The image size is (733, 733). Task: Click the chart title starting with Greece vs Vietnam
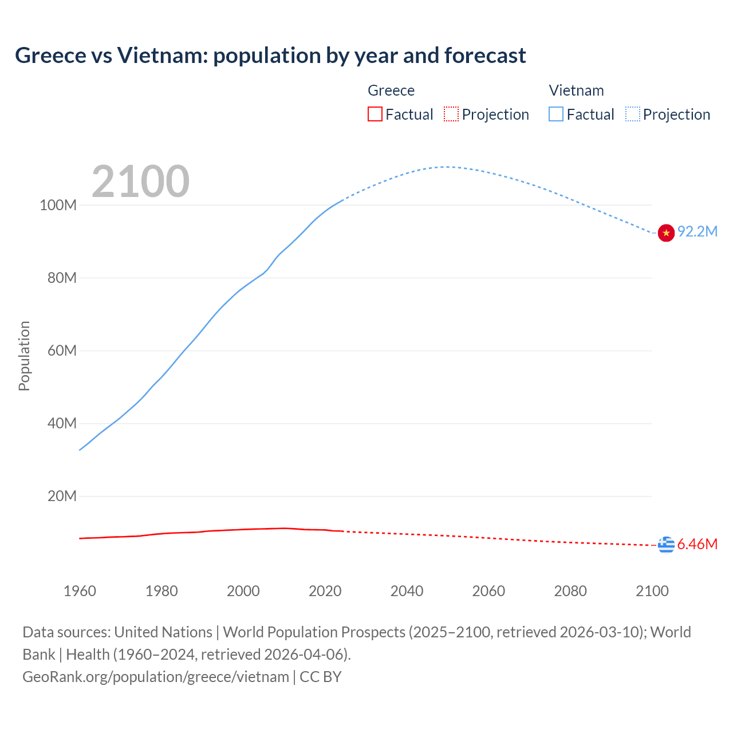click(270, 56)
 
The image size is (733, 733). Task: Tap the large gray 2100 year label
click(140, 181)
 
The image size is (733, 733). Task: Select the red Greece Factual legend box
click(375, 114)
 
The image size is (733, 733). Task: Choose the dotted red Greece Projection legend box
click(451, 114)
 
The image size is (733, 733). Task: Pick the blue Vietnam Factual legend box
click(555, 114)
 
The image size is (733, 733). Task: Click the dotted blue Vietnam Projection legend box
click(632, 114)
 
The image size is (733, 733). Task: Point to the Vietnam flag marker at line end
click(666, 233)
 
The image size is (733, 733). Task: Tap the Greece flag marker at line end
click(666, 545)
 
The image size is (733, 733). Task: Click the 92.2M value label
click(697, 231)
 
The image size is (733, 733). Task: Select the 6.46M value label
click(697, 544)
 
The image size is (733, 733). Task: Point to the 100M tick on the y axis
click(58, 205)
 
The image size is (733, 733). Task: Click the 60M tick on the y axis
click(61, 350)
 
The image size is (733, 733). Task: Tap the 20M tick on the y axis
click(61, 496)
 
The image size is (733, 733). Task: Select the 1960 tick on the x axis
click(80, 591)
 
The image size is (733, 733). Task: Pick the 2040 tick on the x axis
click(407, 591)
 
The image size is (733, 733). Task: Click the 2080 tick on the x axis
click(570, 591)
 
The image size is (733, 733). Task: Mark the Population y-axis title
click(24, 356)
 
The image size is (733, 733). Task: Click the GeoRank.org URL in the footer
click(156, 677)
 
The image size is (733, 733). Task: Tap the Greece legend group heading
click(391, 90)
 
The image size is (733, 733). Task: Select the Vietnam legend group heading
click(576, 90)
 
